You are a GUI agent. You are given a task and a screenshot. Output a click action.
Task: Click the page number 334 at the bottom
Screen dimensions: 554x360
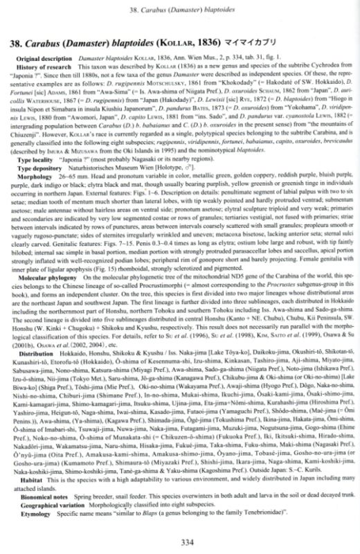click(180, 542)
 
